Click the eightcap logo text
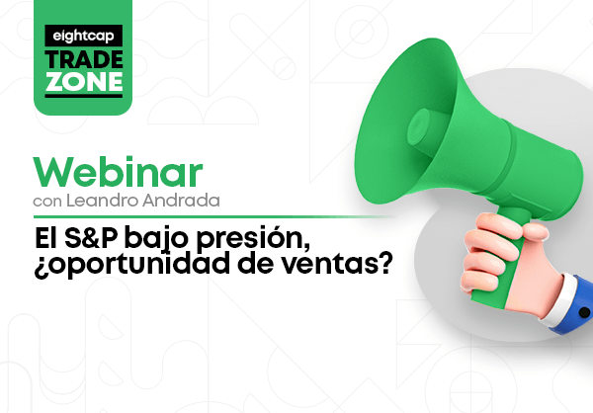pos(83,36)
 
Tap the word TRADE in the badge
pos(84,59)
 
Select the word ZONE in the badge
pos(84,81)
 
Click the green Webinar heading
pos(118,172)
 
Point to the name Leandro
pos(103,200)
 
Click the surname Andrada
pos(181,200)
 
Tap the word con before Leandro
pos(47,202)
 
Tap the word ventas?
pos(338,265)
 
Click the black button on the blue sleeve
pos(584,313)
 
